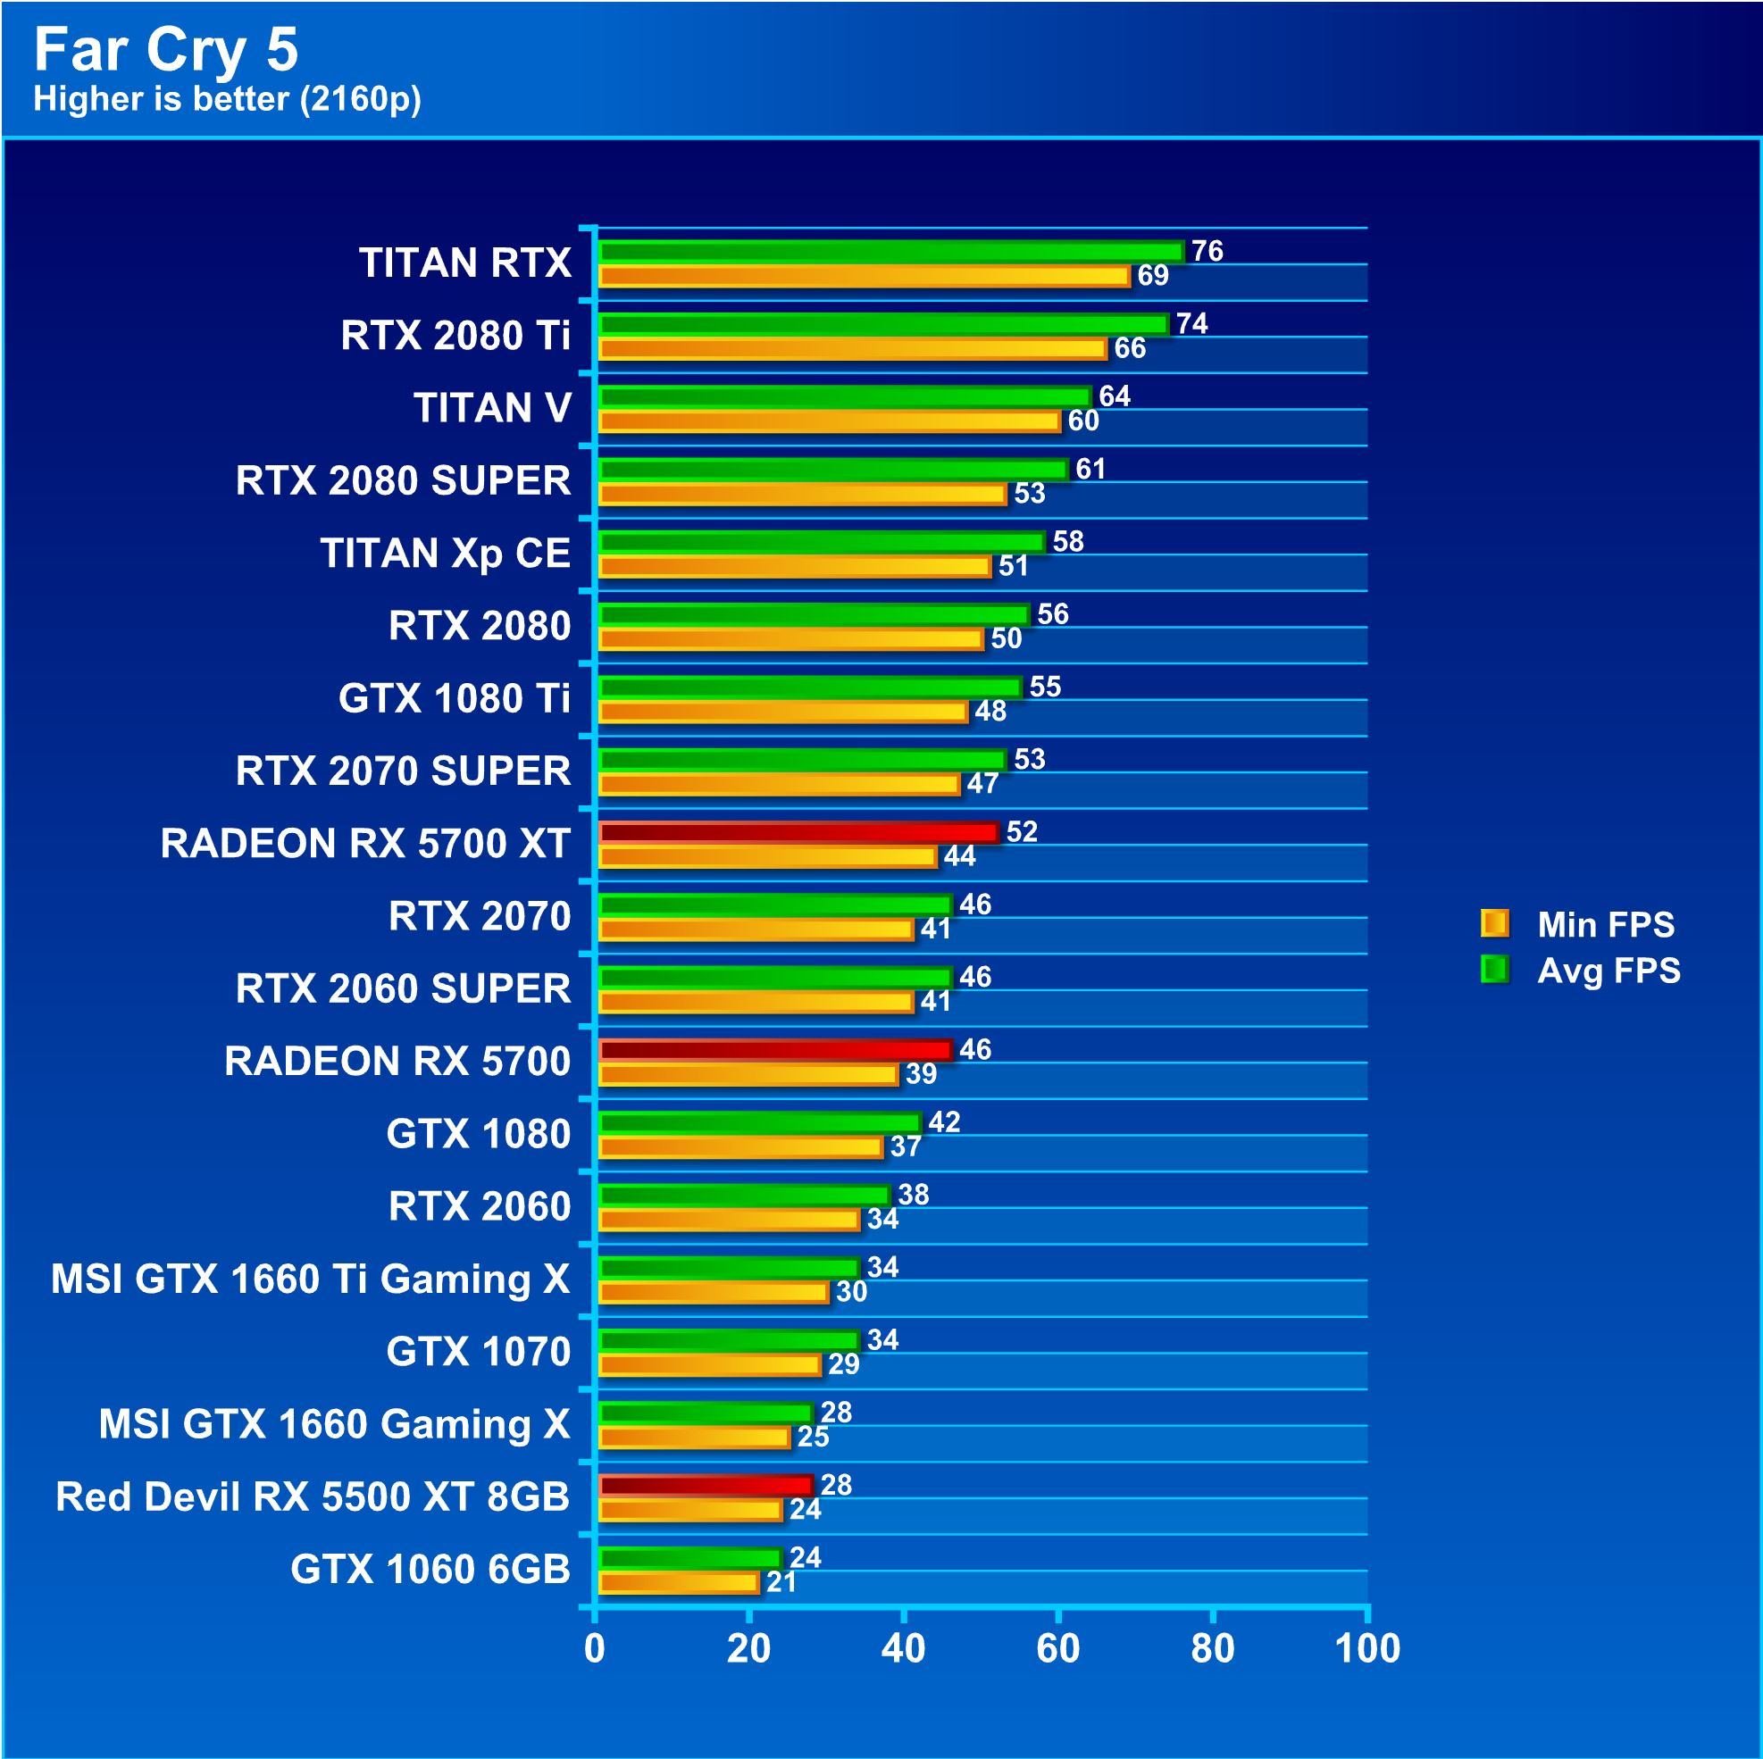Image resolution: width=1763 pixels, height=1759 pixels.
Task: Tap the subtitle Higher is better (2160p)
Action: point(227,98)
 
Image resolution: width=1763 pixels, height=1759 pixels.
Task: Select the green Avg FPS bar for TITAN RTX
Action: point(890,251)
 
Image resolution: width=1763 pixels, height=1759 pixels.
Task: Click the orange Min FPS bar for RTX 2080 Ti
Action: point(852,347)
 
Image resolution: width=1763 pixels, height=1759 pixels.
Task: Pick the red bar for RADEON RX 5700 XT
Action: point(798,831)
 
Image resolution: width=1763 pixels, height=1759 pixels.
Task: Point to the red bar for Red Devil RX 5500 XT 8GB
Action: point(705,1484)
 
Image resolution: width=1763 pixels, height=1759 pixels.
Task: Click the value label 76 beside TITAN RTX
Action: point(1207,251)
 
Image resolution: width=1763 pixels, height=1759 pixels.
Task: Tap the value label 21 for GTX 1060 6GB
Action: point(781,1581)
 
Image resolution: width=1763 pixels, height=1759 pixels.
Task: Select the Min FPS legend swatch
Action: point(1494,923)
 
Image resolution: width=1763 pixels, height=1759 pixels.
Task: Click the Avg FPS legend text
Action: point(1608,970)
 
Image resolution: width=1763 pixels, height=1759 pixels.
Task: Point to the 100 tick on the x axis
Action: point(1366,1648)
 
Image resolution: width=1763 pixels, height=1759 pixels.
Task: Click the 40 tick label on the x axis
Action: point(902,1648)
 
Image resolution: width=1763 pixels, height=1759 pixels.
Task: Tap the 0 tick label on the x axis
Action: point(594,1648)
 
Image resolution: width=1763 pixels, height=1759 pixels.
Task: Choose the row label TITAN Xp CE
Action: point(446,553)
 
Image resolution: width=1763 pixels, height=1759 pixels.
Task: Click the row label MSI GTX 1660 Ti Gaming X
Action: point(310,1279)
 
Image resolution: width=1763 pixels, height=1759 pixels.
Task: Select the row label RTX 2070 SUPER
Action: point(403,771)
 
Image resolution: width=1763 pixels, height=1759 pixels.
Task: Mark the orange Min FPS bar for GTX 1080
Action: point(740,1146)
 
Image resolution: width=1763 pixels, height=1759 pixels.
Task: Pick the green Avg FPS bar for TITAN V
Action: point(844,396)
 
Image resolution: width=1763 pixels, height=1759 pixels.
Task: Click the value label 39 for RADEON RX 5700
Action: point(921,1074)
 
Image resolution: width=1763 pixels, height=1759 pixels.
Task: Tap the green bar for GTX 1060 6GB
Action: point(689,1557)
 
